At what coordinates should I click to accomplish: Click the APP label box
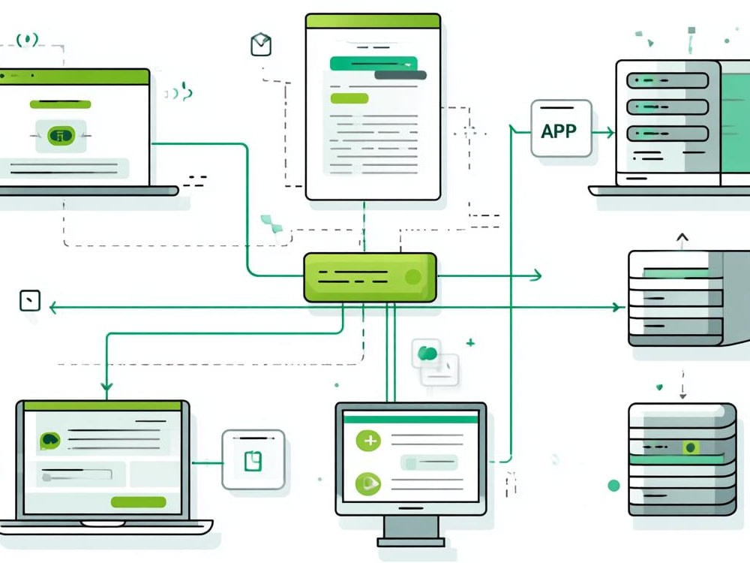point(561,128)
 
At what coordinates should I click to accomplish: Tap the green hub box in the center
point(370,278)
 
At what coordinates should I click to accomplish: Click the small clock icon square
point(30,301)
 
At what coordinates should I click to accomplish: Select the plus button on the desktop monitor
point(368,441)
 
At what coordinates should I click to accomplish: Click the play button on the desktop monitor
point(368,483)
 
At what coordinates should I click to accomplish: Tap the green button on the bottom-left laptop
point(138,501)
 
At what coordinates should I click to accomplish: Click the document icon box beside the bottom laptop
point(253,459)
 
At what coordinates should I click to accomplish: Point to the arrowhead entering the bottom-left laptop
point(106,387)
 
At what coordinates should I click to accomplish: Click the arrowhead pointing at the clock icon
point(53,307)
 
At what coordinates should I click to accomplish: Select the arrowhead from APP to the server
point(610,133)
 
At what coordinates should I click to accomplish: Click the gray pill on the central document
point(400,75)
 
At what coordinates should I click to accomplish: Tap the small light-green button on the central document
point(349,98)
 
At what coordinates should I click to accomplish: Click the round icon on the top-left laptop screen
point(61,136)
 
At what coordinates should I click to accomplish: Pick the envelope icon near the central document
point(261,44)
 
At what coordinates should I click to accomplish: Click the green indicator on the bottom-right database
point(690,447)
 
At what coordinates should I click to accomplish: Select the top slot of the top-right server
point(667,80)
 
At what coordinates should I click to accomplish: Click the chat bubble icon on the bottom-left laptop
point(50,440)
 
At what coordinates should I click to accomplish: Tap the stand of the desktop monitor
point(411,531)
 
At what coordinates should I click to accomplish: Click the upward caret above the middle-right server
point(682,237)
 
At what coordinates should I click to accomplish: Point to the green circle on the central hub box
point(412,277)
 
